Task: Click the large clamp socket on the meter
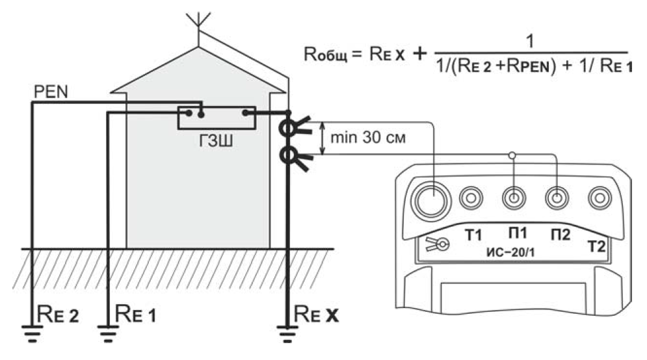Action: pos(431,199)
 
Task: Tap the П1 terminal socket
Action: pos(514,198)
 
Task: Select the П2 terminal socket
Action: pos(555,198)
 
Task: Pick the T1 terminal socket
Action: pos(471,198)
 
